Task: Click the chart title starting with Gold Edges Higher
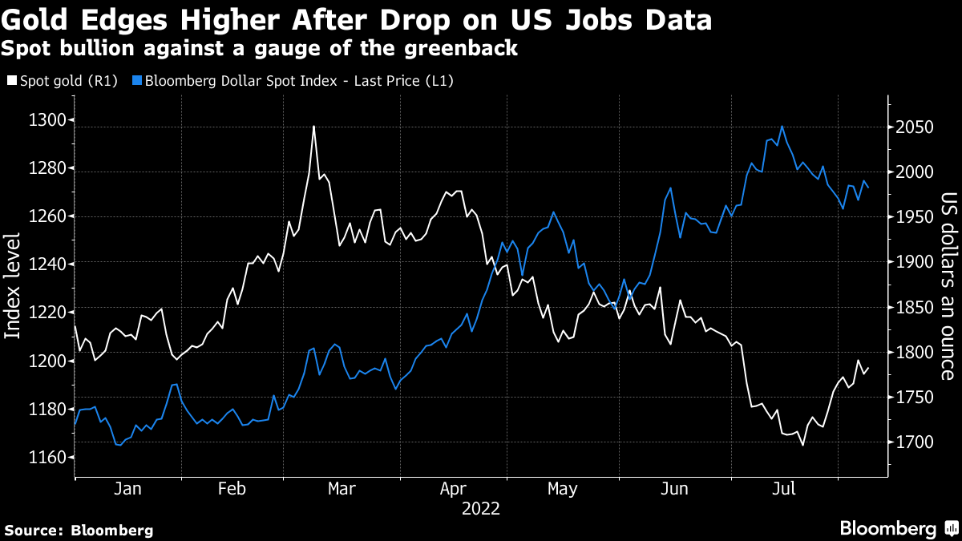[x=356, y=19]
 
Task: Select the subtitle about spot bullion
[x=259, y=49]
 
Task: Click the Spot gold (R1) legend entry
[x=63, y=81]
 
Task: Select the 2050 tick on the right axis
[x=914, y=128]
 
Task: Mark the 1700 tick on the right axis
[x=914, y=443]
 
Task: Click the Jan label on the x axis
[x=128, y=489]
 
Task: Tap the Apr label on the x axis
[x=455, y=489]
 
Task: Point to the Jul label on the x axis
[x=784, y=489]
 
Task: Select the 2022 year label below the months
[x=481, y=508]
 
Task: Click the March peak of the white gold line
[x=313, y=127]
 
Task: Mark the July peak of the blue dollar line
[x=782, y=127]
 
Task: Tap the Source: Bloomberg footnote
[x=79, y=530]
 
